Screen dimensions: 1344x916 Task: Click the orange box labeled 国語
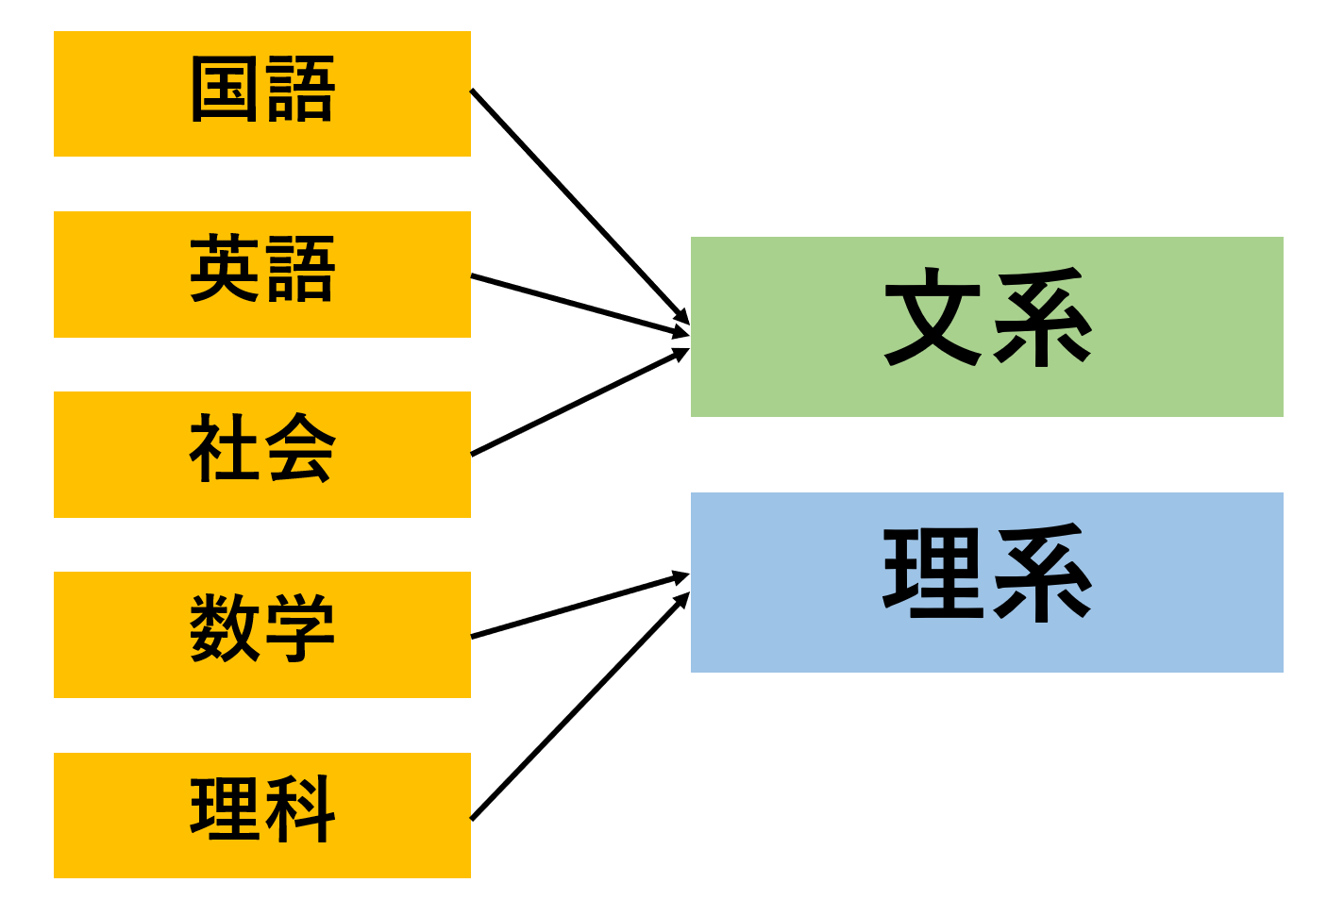(x=262, y=94)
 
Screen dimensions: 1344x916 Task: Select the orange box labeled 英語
(x=262, y=275)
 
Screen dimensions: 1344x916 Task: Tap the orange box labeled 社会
(x=262, y=455)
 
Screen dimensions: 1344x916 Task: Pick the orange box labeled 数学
(x=262, y=635)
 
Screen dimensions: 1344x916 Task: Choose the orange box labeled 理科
(x=262, y=815)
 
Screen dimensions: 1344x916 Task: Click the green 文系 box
(x=987, y=327)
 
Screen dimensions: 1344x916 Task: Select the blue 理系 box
(x=987, y=582)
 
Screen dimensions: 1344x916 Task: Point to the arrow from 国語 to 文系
(x=580, y=207)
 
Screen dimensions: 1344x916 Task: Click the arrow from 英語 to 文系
(x=580, y=305)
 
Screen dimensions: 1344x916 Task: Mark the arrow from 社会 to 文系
(x=580, y=402)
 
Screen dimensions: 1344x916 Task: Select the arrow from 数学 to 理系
(x=580, y=605)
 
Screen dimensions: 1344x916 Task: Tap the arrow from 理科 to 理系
(x=580, y=706)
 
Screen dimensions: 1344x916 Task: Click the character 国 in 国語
(x=224, y=89)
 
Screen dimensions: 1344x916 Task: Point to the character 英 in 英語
(x=224, y=268)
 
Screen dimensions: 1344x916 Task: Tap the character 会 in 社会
(x=300, y=447)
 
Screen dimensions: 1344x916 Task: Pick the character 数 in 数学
(x=224, y=628)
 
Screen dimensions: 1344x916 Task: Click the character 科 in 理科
(x=300, y=808)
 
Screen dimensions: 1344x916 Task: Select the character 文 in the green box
(x=933, y=317)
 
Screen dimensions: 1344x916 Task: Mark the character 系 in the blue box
(x=1043, y=573)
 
